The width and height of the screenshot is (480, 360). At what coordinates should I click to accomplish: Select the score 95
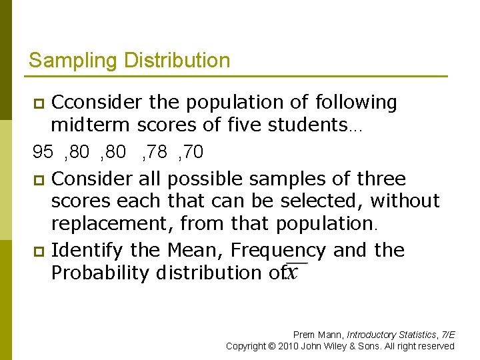[x=43, y=153]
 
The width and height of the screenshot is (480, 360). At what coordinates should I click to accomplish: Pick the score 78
[x=157, y=153]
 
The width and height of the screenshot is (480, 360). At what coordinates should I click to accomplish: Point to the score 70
[x=193, y=153]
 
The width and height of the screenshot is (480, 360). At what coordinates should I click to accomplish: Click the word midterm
[x=91, y=125]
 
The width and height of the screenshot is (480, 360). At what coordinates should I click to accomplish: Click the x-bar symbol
[x=291, y=273]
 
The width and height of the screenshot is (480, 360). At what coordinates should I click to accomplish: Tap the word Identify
[x=87, y=251]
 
